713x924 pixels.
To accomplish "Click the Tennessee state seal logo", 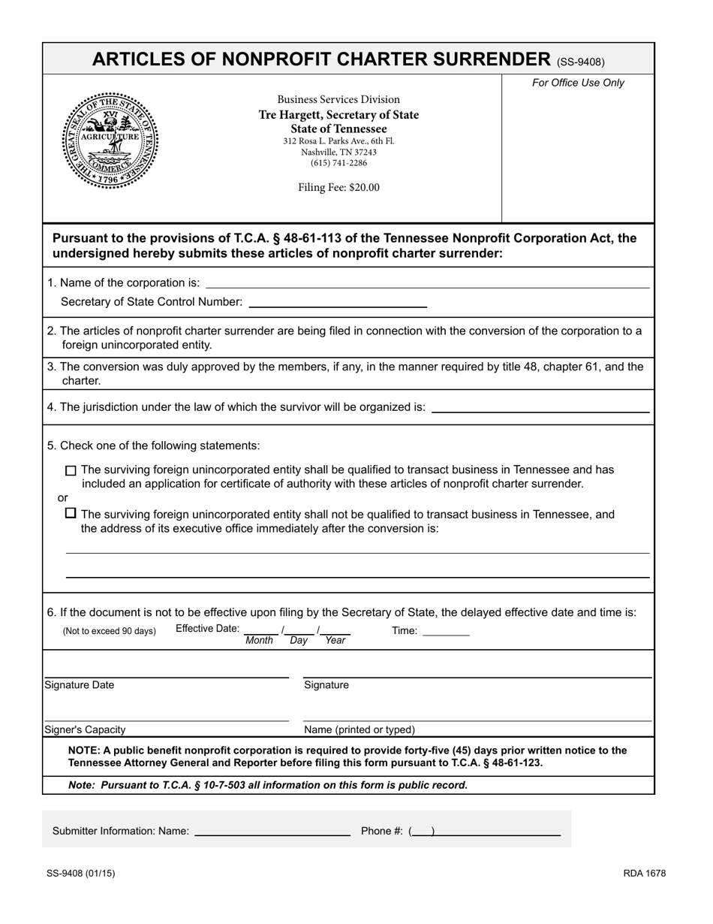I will coord(110,141).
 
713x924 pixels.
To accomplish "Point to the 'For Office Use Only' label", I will coord(578,83).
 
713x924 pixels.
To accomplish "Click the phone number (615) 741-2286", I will coord(338,163).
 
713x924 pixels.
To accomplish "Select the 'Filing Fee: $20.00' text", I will coord(338,188).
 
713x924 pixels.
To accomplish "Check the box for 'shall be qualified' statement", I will coord(71,471).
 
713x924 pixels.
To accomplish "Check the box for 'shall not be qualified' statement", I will coord(71,514).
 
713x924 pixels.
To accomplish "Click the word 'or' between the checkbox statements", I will coord(63,498).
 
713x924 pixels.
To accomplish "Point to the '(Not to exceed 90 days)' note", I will coord(110,632).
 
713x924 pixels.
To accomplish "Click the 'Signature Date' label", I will coord(80,685).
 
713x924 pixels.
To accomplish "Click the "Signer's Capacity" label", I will coord(86,729).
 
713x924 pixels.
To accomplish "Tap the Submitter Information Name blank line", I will coord(272,832).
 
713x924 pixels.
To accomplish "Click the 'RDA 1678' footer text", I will coord(644,873).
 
